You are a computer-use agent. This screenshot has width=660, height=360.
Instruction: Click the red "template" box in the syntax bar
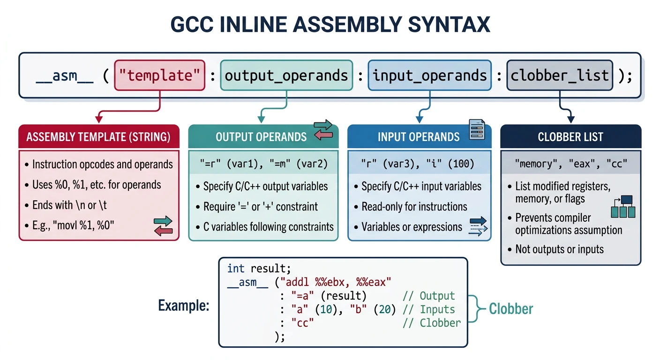(x=159, y=75)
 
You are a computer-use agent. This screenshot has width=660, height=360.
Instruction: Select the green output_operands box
(x=286, y=75)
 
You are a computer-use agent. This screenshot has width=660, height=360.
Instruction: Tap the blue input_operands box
(x=430, y=75)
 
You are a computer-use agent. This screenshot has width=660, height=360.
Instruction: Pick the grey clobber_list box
(x=560, y=75)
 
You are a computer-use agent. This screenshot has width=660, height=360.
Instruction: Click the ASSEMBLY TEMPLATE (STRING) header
(x=98, y=137)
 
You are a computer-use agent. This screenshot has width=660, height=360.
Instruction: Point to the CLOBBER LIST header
(x=570, y=137)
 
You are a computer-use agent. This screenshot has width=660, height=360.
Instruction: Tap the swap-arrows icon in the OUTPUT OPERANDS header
(x=322, y=129)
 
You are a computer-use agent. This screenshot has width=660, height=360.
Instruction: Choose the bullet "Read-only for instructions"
(x=414, y=207)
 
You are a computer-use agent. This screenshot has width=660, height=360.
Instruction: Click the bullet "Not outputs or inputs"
(x=559, y=249)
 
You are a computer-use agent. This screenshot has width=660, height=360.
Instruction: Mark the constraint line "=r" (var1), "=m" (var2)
(x=263, y=164)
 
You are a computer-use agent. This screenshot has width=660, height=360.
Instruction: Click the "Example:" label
(x=183, y=306)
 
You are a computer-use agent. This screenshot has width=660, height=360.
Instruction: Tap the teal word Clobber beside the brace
(x=511, y=308)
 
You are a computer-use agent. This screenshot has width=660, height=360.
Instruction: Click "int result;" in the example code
(x=259, y=269)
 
